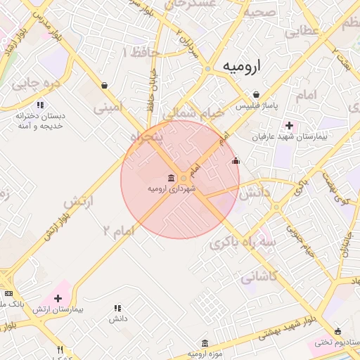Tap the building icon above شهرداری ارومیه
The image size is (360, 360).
tap(172, 178)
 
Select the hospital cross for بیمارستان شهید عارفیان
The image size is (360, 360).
tap(288, 125)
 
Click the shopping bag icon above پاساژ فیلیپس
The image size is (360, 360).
tap(256, 95)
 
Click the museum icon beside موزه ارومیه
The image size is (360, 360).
tap(205, 343)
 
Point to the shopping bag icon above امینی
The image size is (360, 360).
tap(105, 86)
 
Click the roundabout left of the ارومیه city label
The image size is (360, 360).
tap(207, 68)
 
